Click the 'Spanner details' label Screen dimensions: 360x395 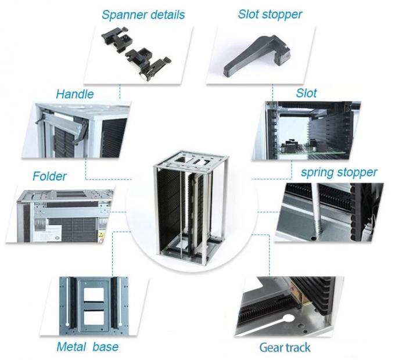143,13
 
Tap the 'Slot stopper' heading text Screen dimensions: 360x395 270,13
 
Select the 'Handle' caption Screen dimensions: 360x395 74,93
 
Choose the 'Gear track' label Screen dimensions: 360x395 284,347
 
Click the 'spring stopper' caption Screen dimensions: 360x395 338,172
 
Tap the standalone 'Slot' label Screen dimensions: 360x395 306,93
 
